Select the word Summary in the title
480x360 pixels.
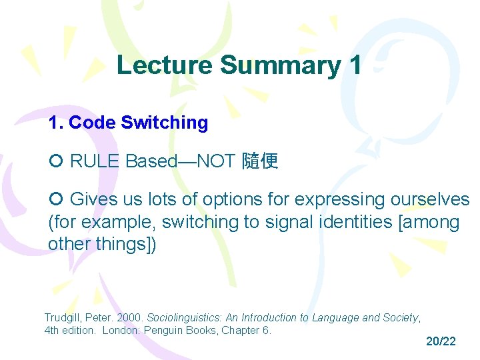pos(280,65)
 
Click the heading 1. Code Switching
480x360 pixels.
pos(128,123)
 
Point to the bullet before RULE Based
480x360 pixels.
pos(55,161)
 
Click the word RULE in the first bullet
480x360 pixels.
pos(95,161)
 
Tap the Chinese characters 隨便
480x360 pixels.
pos(260,161)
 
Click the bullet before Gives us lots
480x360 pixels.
pos(55,200)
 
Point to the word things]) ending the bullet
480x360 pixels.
pos(126,244)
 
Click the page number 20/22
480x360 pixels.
pos(441,341)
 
